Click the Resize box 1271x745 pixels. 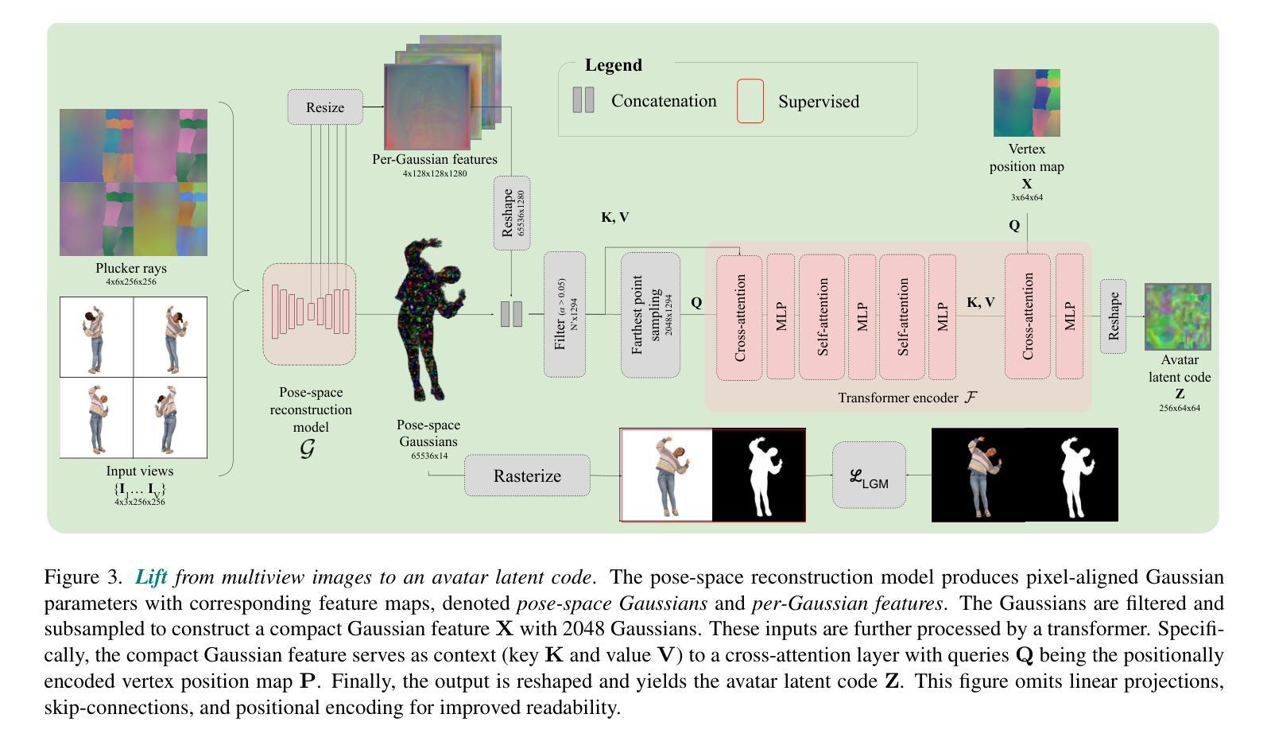(x=325, y=107)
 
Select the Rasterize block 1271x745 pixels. (x=527, y=475)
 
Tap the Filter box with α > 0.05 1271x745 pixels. (x=564, y=315)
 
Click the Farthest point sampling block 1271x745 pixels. (x=650, y=315)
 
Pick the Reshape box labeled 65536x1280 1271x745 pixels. (x=512, y=213)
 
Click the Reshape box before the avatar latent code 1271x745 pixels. (x=1113, y=316)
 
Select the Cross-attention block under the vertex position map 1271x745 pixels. (x=1027, y=316)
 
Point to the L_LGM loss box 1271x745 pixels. (x=869, y=475)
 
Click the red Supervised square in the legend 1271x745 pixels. (x=750, y=101)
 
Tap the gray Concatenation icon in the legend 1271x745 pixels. (x=583, y=100)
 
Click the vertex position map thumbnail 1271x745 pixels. (x=1026, y=103)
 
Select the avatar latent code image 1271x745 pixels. (x=1177, y=316)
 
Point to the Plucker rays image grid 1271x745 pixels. (x=134, y=182)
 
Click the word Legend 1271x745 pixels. (x=614, y=65)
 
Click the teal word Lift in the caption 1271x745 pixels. (x=151, y=577)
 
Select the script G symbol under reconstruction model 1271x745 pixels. (x=307, y=449)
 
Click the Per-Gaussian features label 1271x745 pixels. (x=435, y=159)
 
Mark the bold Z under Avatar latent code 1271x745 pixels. (x=1180, y=394)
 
